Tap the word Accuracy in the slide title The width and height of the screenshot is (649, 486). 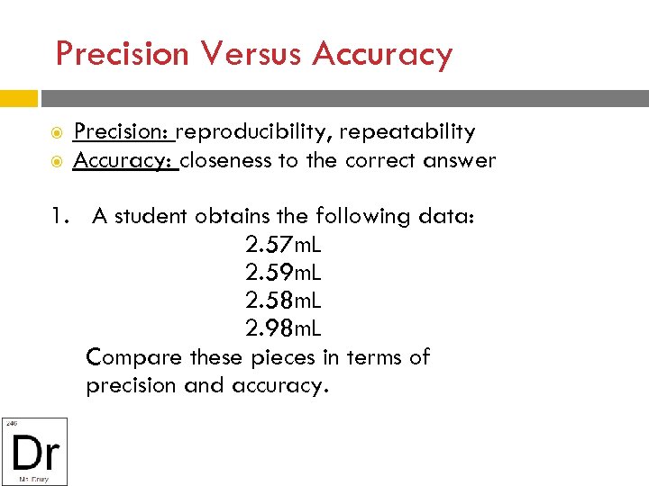click(x=382, y=55)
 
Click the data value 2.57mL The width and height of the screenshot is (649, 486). click(x=282, y=245)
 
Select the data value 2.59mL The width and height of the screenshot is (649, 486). click(x=282, y=273)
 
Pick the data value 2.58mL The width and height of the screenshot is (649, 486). click(x=282, y=301)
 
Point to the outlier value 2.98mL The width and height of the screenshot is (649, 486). click(x=282, y=328)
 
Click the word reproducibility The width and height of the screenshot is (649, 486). click(x=252, y=132)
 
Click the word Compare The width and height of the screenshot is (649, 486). click(x=134, y=357)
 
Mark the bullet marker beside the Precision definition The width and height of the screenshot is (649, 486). click(x=56, y=133)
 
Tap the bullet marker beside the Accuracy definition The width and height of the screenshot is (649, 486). click(x=56, y=162)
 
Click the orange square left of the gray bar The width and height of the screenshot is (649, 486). click(x=19, y=98)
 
